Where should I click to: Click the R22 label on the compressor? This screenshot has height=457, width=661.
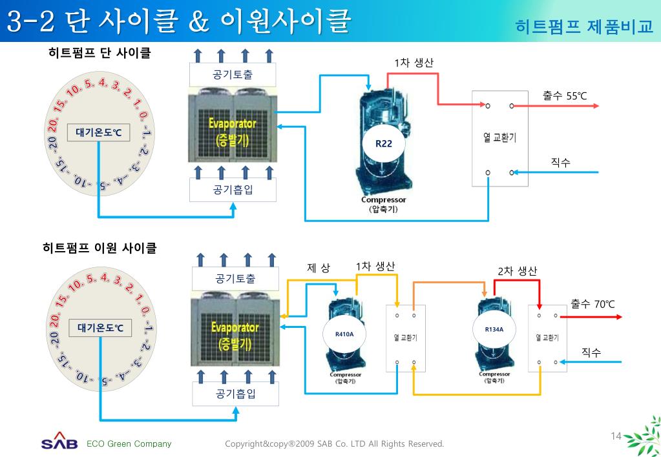pos(384,143)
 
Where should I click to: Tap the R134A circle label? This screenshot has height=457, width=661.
pos(494,330)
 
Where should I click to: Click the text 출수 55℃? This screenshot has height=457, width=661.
pos(565,96)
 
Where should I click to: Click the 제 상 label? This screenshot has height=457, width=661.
pos(319,268)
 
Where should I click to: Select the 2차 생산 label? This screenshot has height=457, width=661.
pos(517,271)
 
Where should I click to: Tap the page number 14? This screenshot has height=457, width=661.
pos(615,436)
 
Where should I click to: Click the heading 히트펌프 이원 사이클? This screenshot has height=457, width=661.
pos(100,248)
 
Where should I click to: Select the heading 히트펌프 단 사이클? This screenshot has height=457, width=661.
pos(100,53)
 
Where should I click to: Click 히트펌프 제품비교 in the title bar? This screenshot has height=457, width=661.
pos(584,26)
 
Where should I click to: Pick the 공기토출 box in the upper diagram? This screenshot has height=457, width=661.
pos(233,75)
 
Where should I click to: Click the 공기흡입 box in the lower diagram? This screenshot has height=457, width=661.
pos(235,394)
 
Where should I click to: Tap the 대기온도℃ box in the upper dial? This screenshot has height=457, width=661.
pos(98,133)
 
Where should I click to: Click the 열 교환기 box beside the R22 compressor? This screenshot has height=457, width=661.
pos(499,137)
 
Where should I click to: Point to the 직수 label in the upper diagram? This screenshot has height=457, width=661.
pos(560,163)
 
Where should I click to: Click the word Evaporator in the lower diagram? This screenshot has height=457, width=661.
pos(235,327)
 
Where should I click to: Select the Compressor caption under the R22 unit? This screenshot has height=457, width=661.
pos(383,200)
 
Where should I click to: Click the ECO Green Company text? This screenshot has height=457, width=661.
pos(129,443)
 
